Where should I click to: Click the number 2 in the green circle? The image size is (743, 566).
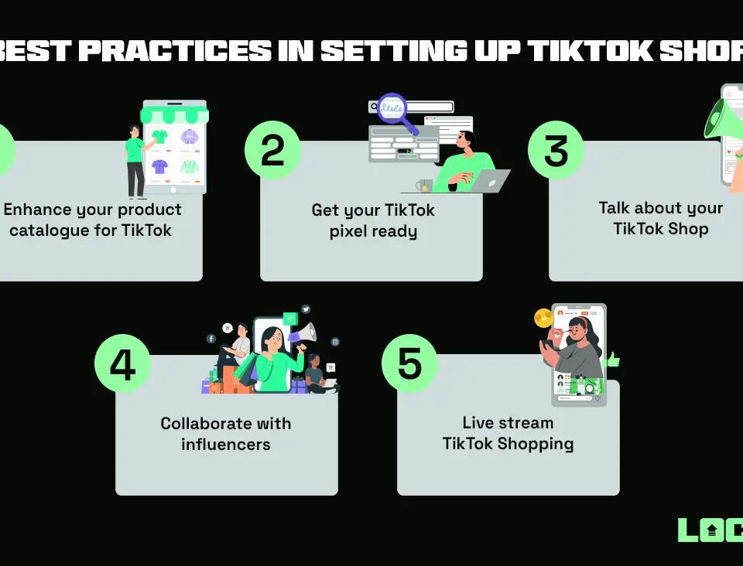pyautogui.click(x=272, y=150)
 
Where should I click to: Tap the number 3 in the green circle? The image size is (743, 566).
pyautogui.click(x=556, y=150)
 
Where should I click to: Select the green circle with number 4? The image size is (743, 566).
pyautogui.click(x=122, y=364)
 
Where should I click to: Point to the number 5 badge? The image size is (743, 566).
pyautogui.click(x=409, y=364)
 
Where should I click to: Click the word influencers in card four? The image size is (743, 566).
pyautogui.click(x=226, y=444)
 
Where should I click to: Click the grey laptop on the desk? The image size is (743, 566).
pyautogui.click(x=488, y=182)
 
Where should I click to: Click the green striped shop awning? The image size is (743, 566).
pyautogui.click(x=174, y=115)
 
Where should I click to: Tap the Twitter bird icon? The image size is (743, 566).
pyautogui.click(x=306, y=309)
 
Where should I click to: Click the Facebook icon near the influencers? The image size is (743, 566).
pyautogui.click(x=211, y=339)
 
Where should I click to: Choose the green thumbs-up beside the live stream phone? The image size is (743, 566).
pyautogui.click(x=612, y=360)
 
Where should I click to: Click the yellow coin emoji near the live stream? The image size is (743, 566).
pyautogui.click(x=543, y=317)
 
